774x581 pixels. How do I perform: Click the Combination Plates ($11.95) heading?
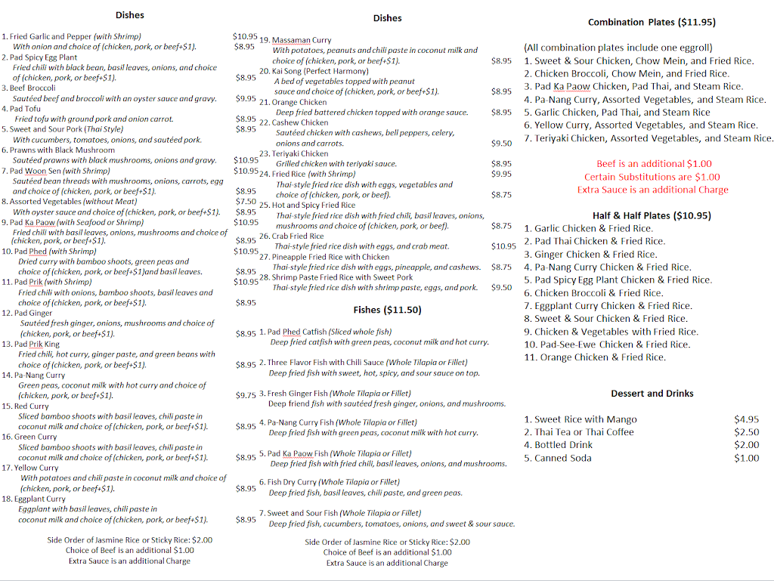click(x=652, y=23)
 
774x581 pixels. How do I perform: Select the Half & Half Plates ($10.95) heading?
click(x=652, y=215)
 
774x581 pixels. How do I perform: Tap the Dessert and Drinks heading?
click(x=652, y=394)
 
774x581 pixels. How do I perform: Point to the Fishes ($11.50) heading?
click(x=387, y=310)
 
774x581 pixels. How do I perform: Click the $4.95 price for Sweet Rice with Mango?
click(x=746, y=419)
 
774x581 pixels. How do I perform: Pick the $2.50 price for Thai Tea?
click(x=746, y=432)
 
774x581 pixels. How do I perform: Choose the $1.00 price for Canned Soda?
click(x=746, y=458)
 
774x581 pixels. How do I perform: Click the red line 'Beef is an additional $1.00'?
click(x=654, y=164)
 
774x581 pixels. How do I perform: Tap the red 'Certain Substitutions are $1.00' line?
click(x=652, y=177)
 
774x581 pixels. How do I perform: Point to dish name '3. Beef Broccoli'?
click(x=28, y=88)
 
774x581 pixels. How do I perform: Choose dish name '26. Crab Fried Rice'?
click(x=291, y=236)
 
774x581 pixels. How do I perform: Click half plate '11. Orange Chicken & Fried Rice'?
click(x=594, y=357)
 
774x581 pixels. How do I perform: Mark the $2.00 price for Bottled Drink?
click(x=746, y=445)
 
